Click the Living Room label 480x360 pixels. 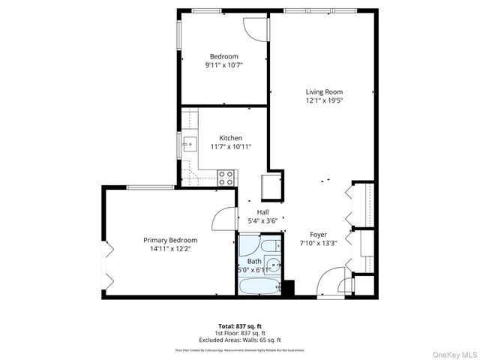pos(324,91)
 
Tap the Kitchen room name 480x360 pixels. pos(230,138)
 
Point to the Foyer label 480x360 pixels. pos(319,234)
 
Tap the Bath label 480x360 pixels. pos(255,261)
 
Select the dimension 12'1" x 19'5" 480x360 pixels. pos(324,100)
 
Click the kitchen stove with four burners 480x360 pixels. pos(226,177)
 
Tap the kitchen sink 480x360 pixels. pos(188,143)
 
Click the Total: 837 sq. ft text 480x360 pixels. pos(239,326)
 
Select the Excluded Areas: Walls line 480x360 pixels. pos(239,340)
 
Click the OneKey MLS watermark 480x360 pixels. pos(452,352)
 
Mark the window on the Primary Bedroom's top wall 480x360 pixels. pos(141,187)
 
